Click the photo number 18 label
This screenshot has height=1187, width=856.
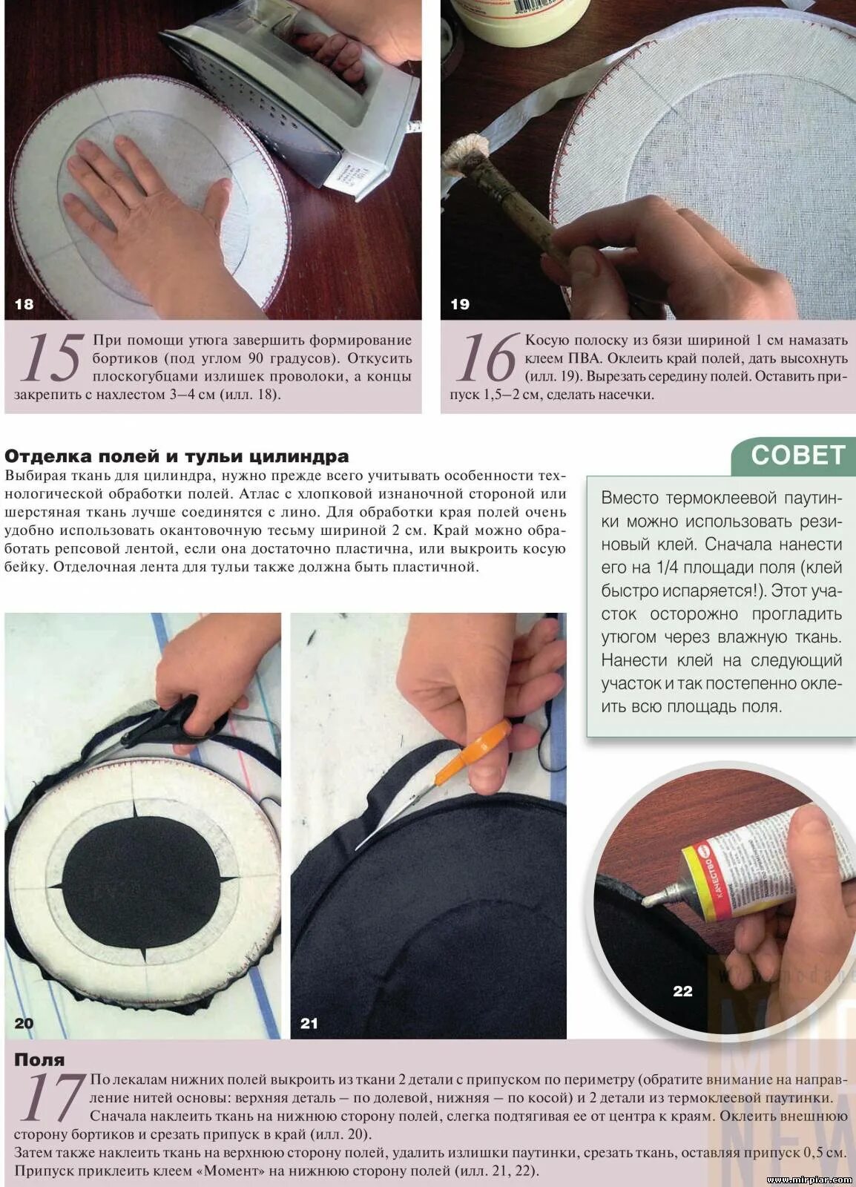click(x=24, y=304)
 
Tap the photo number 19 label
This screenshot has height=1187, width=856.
click(x=460, y=304)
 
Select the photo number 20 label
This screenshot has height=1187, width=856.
click(x=24, y=1023)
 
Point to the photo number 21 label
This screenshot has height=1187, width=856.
click(x=309, y=1023)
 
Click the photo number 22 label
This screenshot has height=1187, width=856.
click(x=682, y=991)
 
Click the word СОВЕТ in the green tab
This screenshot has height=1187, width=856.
click(x=797, y=456)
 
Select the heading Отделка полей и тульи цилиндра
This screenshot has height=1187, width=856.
click(x=177, y=456)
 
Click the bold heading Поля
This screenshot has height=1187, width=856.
click(x=40, y=1060)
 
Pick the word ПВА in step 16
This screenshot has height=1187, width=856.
click(x=587, y=359)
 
